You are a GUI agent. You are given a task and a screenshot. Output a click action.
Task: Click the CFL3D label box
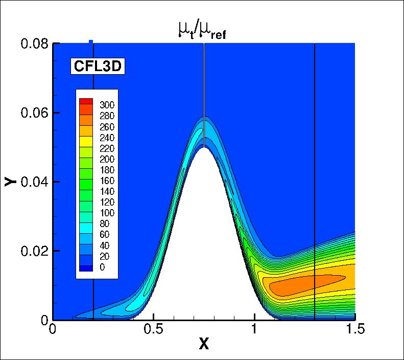point(98,66)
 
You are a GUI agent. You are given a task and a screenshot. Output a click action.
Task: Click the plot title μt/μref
point(202,33)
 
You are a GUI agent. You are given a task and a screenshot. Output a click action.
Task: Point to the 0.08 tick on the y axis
point(34,43)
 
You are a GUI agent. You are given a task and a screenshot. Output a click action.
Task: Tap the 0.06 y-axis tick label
point(34,112)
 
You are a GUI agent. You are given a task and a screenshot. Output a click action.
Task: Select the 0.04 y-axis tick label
point(34,182)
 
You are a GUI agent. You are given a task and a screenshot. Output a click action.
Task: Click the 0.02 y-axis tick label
point(34,251)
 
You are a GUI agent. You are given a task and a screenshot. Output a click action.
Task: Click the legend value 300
point(106,105)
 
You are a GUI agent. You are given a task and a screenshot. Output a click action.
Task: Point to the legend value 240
point(106,138)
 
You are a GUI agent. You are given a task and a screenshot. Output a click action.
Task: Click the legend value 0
point(103,267)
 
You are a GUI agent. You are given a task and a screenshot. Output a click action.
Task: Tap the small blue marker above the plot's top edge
point(91,41)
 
